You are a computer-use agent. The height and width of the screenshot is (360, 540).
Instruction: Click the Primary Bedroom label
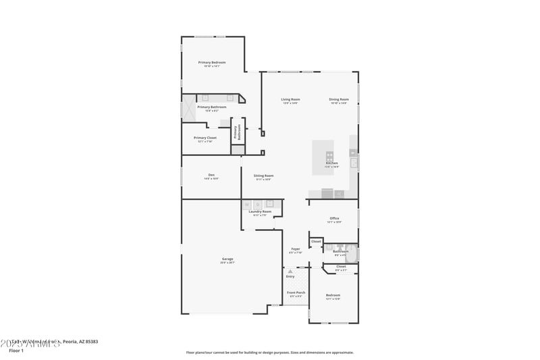tap(211, 62)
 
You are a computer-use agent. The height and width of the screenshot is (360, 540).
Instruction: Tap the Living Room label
tap(290, 99)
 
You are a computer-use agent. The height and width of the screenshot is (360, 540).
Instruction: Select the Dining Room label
tap(339, 99)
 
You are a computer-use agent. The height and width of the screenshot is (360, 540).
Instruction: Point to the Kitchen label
tap(331, 163)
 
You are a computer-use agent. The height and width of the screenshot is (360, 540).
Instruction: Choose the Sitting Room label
tap(263, 176)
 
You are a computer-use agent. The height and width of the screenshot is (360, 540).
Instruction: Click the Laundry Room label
tap(260, 212)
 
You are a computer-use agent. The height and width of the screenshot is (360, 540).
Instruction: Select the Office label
tap(334, 218)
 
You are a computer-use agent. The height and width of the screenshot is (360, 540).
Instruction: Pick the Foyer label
tap(296, 249)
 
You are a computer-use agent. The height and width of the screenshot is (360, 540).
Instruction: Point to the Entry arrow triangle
tap(290, 272)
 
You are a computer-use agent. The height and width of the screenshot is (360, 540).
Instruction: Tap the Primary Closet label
tap(207, 138)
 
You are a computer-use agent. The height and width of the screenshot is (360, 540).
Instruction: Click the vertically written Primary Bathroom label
tap(237, 132)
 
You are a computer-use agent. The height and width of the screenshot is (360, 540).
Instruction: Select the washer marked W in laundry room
tap(247, 203)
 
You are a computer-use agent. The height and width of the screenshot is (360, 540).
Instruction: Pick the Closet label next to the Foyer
tap(316, 241)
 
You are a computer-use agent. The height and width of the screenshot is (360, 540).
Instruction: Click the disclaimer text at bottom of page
tap(269, 352)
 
